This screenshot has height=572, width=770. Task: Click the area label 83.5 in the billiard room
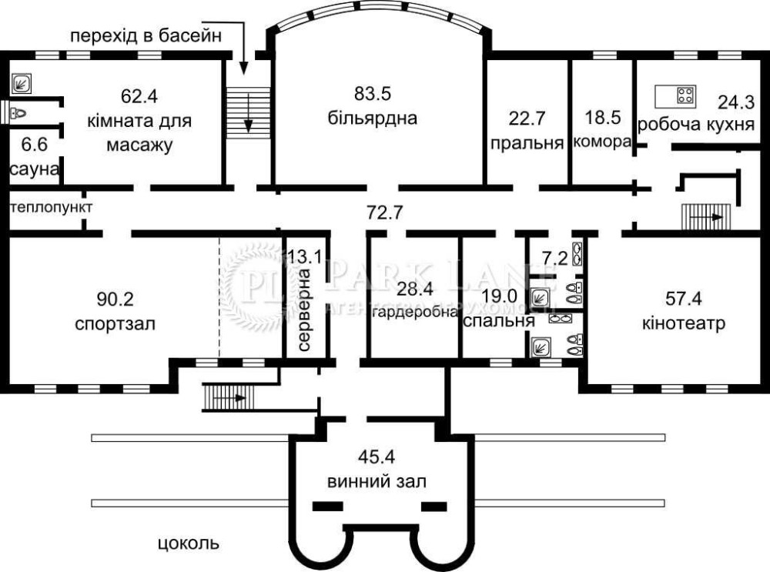click(x=373, y=93)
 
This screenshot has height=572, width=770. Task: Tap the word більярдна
click(x=373, y=119)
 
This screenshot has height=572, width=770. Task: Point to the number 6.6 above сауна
click(x=35, y=145)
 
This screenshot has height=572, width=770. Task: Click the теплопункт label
click(x=51, y=207)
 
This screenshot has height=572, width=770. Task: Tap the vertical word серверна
click(x=304, y=309)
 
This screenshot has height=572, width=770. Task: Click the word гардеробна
click(x=416, y=312)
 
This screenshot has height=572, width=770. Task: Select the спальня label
click(x=499, y=320)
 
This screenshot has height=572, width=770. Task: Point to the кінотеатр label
click(x=684, y=323)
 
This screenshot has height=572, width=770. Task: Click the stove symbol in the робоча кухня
click(x=686, y=95)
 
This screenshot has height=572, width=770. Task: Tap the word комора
click(x=602, y=142)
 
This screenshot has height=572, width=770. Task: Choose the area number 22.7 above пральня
click(x=527, y=119)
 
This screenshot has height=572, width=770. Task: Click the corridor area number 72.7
click(x=384, y=212)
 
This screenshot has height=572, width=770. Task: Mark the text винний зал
click(x=377, y=482)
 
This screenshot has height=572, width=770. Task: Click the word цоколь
click(x=189, y=544)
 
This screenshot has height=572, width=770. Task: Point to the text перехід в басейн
click(x=146, y=36)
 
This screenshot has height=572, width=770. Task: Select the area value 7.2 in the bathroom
click(x=555, y=258)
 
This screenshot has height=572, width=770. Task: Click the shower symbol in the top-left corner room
click(x=22, y=83)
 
